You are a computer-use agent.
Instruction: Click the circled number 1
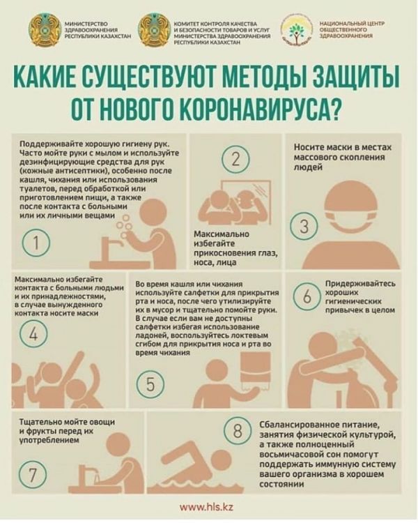pyautogui.click(x=36, y=243)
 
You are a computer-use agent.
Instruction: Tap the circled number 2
pyautogui.click(x=235, y=159)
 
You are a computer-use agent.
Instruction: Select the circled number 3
pyautogui.click(x=304, y=227)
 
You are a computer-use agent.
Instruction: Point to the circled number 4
pyautogui.click(x=33, y=333)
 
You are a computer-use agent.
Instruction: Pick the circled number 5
pyautogui.click(x=150, y=384)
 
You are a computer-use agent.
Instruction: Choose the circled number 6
pyautogui.click(x=307, y=296)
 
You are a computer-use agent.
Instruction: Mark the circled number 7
pyautogui.click(x=32, y=474)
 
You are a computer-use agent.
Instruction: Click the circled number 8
pyautogui.click(x=238, y=431)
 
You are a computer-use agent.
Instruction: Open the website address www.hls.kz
pyautogui.click(x=206, y=508)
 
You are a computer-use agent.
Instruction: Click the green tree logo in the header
pyautogui.click(x=295, y=31)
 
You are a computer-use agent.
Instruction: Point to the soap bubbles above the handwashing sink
pyautogui.click(x=124, y=227)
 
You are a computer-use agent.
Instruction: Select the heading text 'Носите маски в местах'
pyautogui.click(x=343, y=147)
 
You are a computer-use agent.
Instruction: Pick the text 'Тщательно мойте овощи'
pyautogui.click(x=68, y=422)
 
